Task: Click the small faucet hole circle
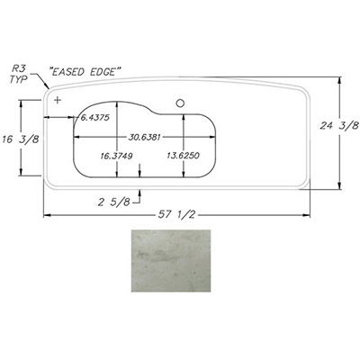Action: pyautogui.click(x=180, y=103)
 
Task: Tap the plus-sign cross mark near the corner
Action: pyautogui.click(x=58, y=100)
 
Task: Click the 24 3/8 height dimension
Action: pyautogui.click(x=339, y=125)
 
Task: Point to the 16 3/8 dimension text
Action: pyautogui.click(x=21, y=139)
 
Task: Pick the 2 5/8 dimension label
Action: pyautogui.click(x=114, y=202)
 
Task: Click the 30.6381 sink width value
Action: pyautogui.click(x=145, y=137)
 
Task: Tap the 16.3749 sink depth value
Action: pyautogui.click(x=117, y=156)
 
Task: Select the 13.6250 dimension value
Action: pyautogui.click(x=184, y=156)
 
